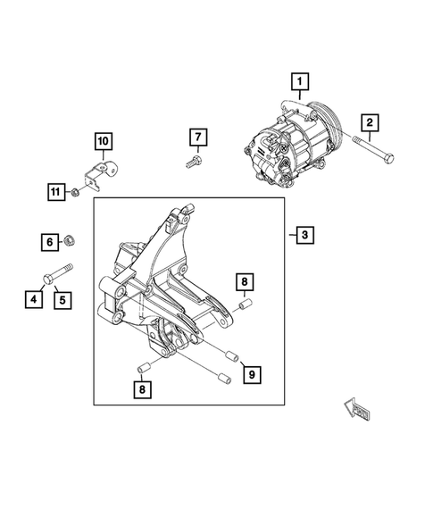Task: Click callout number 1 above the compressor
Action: tap(300, 84)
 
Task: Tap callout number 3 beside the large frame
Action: tap(304, 236)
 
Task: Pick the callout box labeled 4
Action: tap(33, 301)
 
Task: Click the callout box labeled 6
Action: tap(50, 241)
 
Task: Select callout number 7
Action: tap(197, 138)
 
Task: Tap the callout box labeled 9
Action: tap(252, 375)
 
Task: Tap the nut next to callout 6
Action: tap(70, 241)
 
